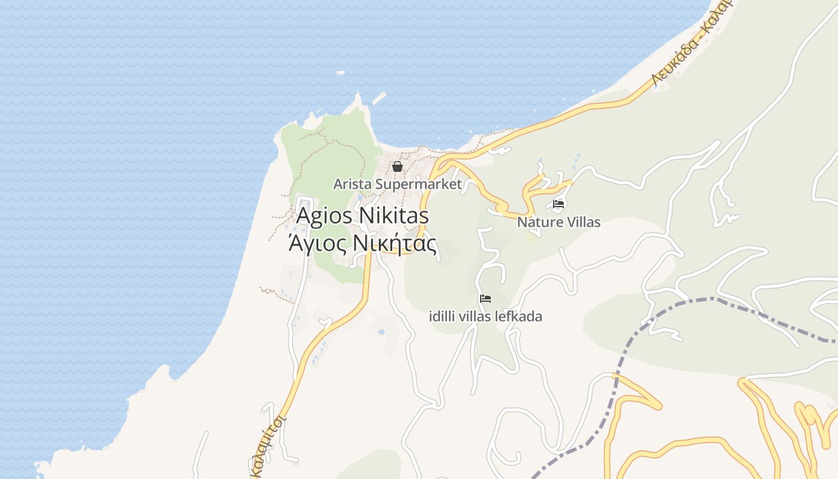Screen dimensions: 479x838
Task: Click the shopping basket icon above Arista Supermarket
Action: pyautogui.click(x=397, y=166)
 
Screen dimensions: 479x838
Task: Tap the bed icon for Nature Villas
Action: pyautogui.click(x=558, y=204)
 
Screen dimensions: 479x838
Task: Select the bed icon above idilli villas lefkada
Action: pyautogui.click(x=485, y=298)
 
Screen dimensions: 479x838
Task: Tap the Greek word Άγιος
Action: pyautogui.click(x=317, y=244)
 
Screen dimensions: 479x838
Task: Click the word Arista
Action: pyautogui.click(x=352, y=184)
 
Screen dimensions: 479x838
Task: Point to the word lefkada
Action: pyautogui.click(x=520, y=317)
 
